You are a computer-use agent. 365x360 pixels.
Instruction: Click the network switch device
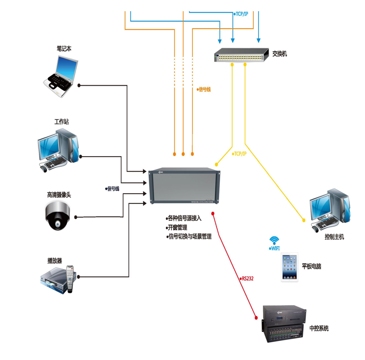point(241,55)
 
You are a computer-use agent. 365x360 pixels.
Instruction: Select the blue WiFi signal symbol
point(275,240)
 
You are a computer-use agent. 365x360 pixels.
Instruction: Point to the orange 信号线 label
point(204,90)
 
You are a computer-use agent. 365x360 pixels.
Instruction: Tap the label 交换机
point(279,54)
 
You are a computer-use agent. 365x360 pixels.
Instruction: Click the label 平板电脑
point(312,267)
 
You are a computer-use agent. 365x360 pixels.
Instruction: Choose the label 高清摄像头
point(59,195)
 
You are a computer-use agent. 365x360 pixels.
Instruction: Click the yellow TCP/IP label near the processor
point(239,154)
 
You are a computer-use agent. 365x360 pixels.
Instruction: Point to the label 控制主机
point(334,237)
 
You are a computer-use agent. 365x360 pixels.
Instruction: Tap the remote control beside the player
point(71,279)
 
